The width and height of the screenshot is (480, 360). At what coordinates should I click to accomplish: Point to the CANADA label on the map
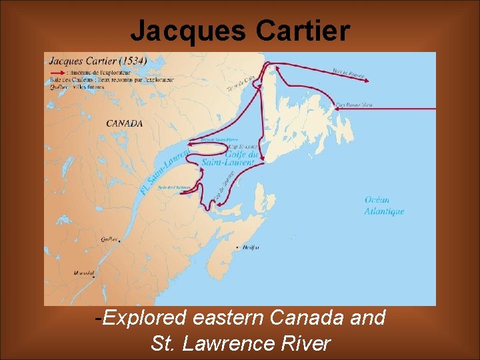pyautogui.click(x=125, y=123)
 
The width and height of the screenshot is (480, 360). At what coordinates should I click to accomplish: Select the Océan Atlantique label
pyautogui.click(x=384, y=205)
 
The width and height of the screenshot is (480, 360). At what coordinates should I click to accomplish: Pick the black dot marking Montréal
pyautogui.click(x=94, y=278)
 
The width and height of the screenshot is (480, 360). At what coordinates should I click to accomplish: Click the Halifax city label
pyautogui.click(x=251, y=247)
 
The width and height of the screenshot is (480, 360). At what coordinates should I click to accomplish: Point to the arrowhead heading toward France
pyautogui.click(x=366, y=77)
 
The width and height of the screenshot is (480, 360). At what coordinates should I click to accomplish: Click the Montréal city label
pyautogui.click(x=83, y=273)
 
